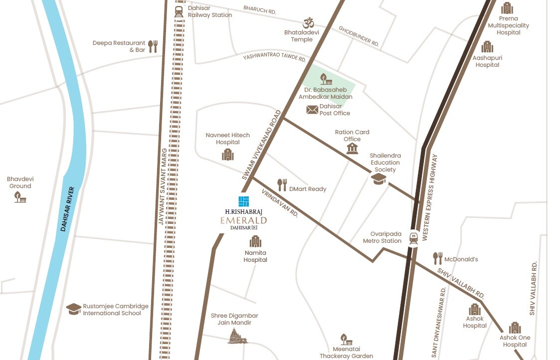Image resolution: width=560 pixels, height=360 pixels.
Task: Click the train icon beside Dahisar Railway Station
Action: (179, 11)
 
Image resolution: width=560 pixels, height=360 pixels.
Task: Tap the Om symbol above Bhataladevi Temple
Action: (308, 23)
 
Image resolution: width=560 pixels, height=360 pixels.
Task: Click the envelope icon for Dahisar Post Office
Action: (312, 110)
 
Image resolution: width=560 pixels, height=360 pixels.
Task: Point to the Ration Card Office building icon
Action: (353, 149)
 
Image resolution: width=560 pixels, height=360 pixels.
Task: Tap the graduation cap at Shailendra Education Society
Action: (378, 179)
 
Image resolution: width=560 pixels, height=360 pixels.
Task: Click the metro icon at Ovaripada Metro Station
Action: (413, 238)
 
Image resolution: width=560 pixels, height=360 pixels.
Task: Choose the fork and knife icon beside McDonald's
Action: (437, 258)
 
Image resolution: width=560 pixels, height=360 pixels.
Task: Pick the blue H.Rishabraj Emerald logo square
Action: (243, 201)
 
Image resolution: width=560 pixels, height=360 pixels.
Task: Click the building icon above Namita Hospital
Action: (255, 242)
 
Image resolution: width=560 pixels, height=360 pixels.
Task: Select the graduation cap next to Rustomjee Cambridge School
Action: (74, 309)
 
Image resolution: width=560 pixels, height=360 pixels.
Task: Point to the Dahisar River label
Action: (67, 209)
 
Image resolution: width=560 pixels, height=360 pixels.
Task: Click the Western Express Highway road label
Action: (430, 198)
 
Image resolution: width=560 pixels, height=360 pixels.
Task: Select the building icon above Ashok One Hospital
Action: (515, 328)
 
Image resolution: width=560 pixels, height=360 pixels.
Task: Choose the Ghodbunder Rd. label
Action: (359, 36)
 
